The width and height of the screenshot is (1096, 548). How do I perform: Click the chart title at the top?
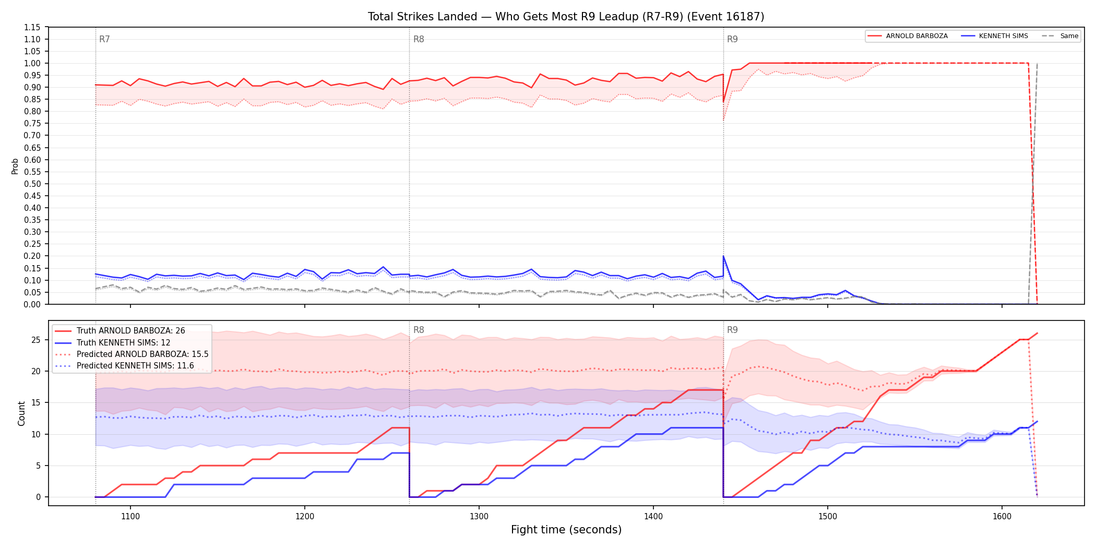(566, 17)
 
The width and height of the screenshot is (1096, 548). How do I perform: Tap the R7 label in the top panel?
(104, 39)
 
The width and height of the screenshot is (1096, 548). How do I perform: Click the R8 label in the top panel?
(419, 39)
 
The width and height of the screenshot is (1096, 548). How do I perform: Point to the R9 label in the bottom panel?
(732, 330)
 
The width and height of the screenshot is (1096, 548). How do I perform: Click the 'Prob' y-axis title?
(15, 166)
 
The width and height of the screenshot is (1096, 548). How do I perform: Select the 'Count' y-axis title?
(21, 413)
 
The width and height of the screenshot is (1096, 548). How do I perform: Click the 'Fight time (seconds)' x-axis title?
(566, 530)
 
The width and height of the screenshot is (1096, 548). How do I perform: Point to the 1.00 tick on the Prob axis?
(32, 63)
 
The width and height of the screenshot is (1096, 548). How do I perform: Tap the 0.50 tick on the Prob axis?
(32, 184)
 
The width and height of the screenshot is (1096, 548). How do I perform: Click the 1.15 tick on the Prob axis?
(32, 27)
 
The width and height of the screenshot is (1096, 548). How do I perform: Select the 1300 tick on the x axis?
(479, 516)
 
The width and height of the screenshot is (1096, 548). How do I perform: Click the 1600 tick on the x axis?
(1002, 516)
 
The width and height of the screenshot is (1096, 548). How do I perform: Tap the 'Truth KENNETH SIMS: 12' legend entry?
(123, 342)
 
